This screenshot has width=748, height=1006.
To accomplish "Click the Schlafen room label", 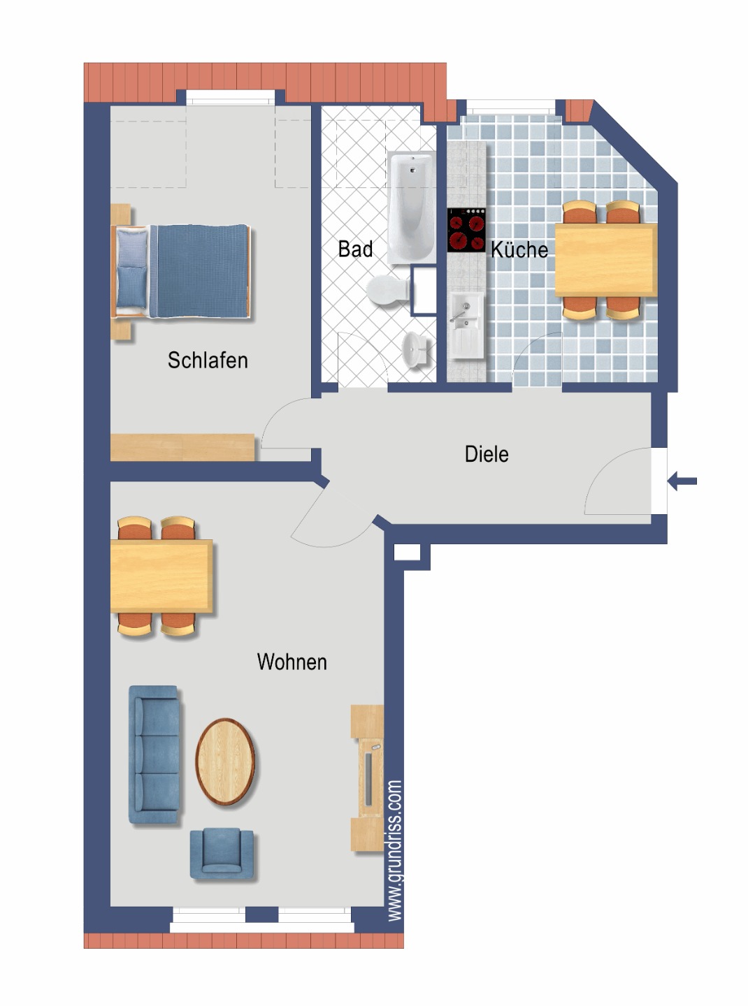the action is click(208, 360).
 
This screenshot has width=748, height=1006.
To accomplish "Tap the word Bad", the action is click(355, 249).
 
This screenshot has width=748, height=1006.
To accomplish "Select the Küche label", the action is click(519, 249).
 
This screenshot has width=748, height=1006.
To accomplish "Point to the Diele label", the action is click(487, 454).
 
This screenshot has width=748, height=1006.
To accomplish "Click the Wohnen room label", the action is click(292, 662).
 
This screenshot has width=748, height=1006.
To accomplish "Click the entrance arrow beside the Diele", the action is click(682, 481).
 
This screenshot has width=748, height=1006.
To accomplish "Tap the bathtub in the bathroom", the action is click(411, 207).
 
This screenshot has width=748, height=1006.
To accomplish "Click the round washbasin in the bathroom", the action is click(415, 349).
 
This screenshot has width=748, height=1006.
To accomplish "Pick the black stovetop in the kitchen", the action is click(466, 230).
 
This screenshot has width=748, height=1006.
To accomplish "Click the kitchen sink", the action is click(466, 326).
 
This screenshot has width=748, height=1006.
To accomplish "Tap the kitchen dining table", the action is click(606, 260).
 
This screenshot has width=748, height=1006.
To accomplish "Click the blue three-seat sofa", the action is click(154, 754).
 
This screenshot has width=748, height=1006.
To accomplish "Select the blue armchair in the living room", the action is click(222, 854).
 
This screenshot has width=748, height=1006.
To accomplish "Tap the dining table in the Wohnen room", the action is click(161, 576).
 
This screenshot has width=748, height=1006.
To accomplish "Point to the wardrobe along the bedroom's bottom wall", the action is click(182, 447).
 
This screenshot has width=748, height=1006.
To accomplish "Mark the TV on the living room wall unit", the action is click(368, 779).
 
